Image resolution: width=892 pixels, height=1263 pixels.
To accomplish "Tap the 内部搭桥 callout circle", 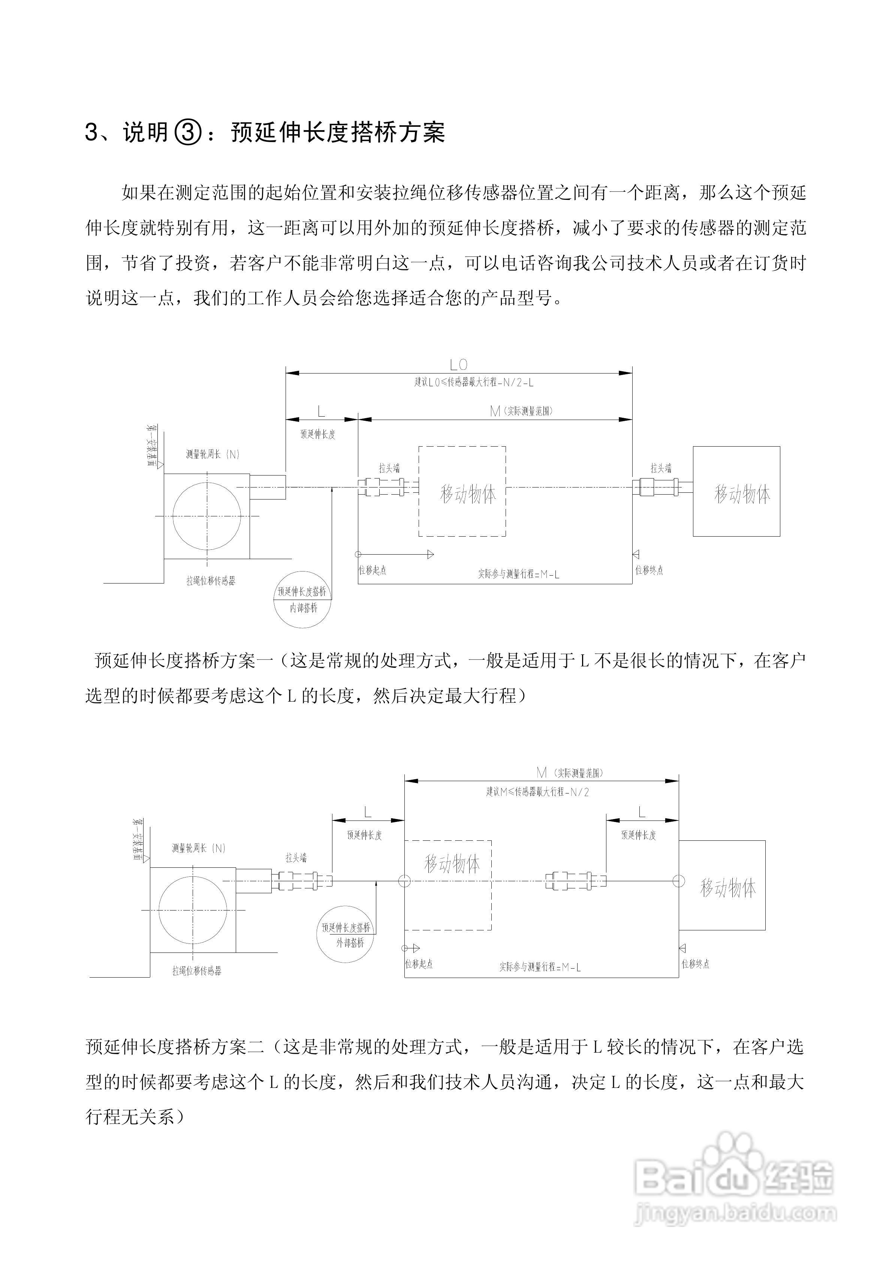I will [303, 600].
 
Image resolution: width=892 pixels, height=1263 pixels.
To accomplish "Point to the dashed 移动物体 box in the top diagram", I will [462, 491].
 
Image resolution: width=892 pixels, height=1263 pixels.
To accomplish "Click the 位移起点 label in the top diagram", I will [372, 570].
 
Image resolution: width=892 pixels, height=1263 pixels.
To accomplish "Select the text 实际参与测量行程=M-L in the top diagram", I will [518, 574].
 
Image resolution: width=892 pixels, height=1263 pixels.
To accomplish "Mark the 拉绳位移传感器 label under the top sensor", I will [211, 581].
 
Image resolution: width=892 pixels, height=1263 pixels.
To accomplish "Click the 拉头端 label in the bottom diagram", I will [296, 858].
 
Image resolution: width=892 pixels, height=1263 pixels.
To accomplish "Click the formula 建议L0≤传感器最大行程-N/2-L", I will [473, 382].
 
